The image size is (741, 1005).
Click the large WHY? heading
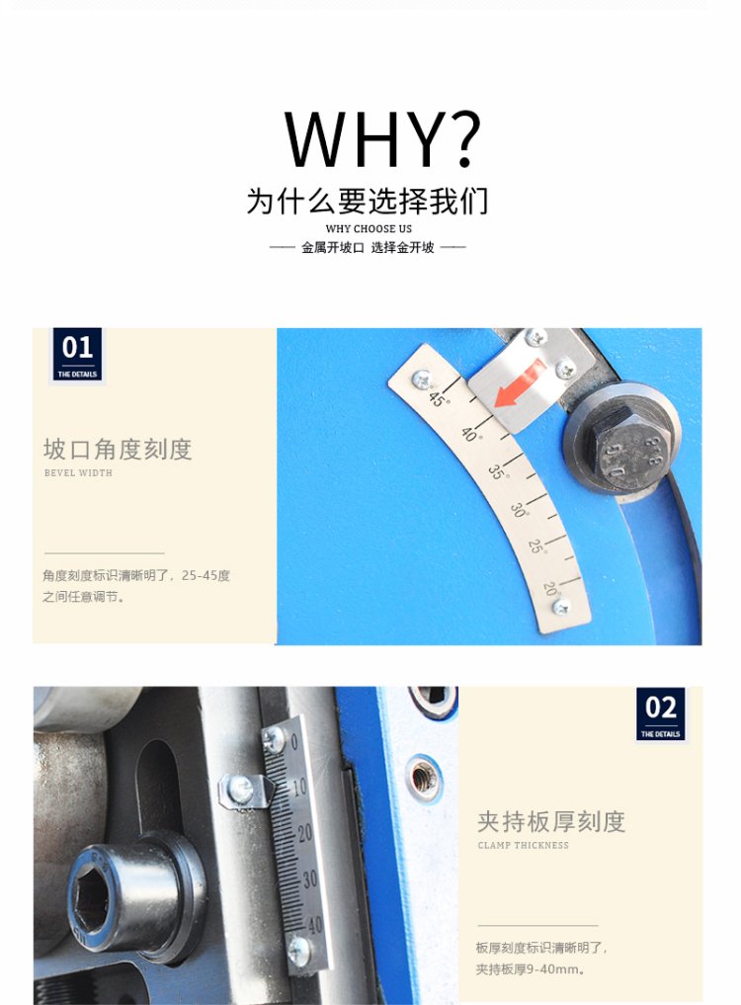click(x=382, y=139)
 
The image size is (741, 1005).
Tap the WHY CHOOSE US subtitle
click(x=369, y=229)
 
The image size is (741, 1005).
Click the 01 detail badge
click(x=77, y=355)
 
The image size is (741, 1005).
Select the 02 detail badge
click(x=660, y=714)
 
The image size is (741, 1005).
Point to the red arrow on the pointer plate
click(x=520, y=384)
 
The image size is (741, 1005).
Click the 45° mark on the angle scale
click(x=439, y=398)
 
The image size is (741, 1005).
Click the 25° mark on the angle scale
click(x=536, y=546)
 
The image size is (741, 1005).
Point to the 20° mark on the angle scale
click(x=550, y=588)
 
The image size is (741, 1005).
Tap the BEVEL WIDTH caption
click(x=78, y=473)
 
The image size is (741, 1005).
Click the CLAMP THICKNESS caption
click(x=523, y=845)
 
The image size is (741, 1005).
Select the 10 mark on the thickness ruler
click(x=300, y=787)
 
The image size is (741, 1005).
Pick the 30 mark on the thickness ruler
click(x=310, y=879)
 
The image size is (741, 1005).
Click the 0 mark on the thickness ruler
click(x=294, y=741)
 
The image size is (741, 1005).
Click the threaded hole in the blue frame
click(x=424, y=779)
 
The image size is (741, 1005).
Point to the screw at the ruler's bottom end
click(x=298, y=951)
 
